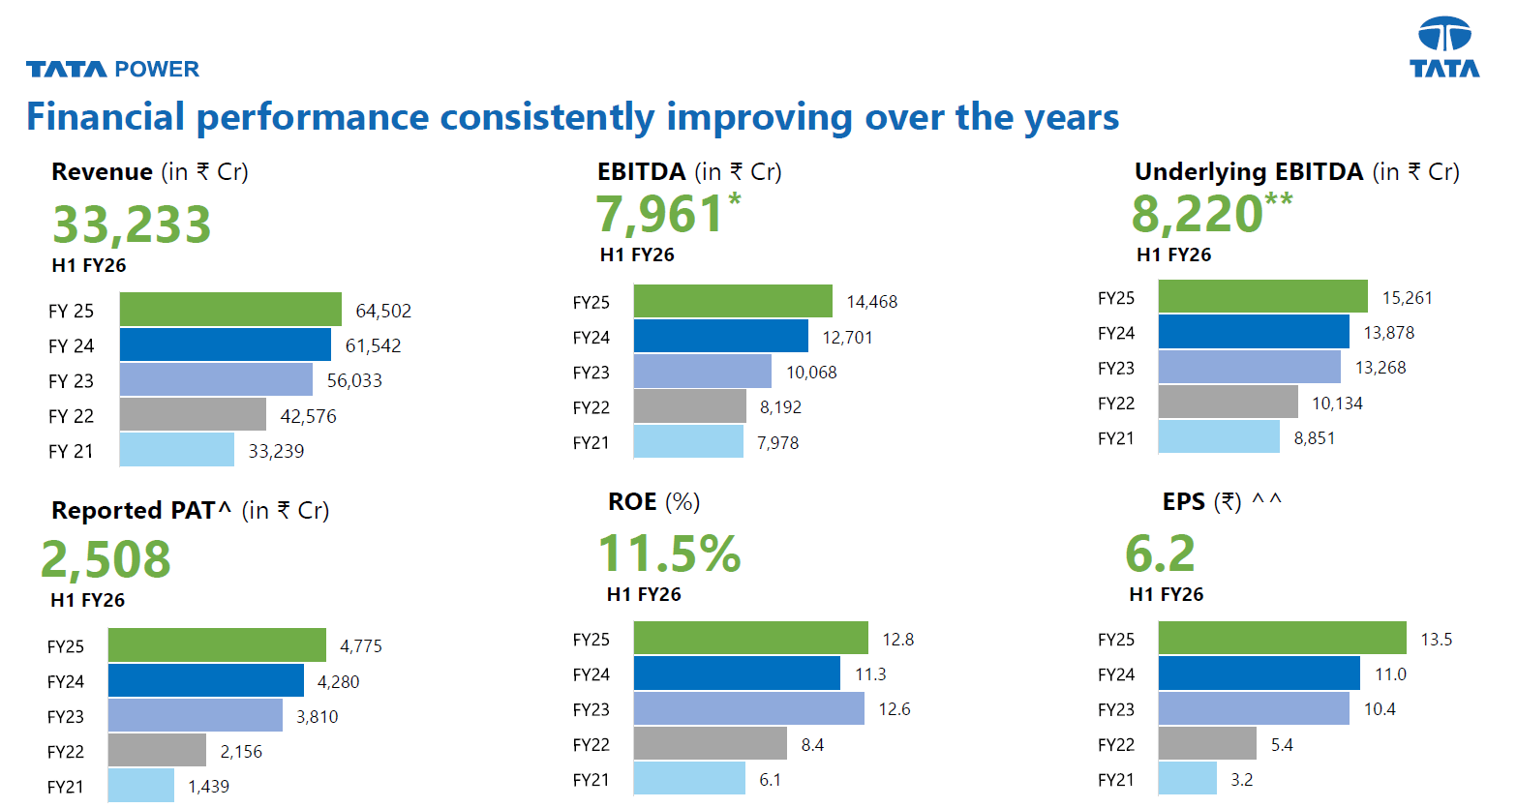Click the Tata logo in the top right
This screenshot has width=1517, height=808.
[1444, 47]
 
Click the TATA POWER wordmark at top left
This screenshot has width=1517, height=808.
[112, 69]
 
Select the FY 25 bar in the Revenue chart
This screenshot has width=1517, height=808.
[230, 310]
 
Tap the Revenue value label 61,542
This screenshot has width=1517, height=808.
[373, 345]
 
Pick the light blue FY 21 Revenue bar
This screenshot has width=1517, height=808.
[177, 450]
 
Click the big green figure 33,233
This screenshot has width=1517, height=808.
[132, 224]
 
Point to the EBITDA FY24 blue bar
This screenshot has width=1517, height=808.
[720, 337]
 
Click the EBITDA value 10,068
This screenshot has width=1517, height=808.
[811, 373]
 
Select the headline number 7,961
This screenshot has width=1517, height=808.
[659, 214]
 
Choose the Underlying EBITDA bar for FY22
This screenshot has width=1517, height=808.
[1228, 403]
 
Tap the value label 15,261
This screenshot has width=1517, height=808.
[1407, 298]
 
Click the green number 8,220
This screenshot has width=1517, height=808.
[1198, 214]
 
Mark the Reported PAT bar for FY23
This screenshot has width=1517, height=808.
[195, 716]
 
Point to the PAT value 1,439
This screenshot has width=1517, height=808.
[208, 787]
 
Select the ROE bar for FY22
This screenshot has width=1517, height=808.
[710, 744]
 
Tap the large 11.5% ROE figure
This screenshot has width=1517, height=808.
[669, 554]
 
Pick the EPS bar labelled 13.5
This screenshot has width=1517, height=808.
[1282, 639]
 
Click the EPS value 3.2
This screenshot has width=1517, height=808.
[1241, 780]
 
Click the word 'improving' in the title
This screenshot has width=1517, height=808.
[759, 117]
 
